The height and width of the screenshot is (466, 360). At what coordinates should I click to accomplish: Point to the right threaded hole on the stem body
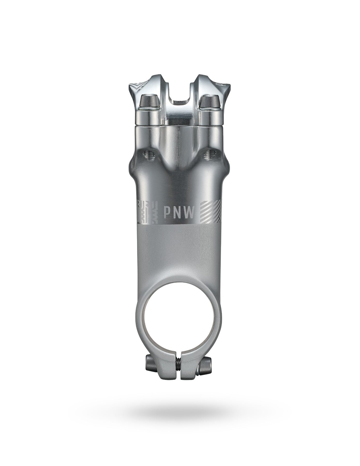point(208,156)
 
